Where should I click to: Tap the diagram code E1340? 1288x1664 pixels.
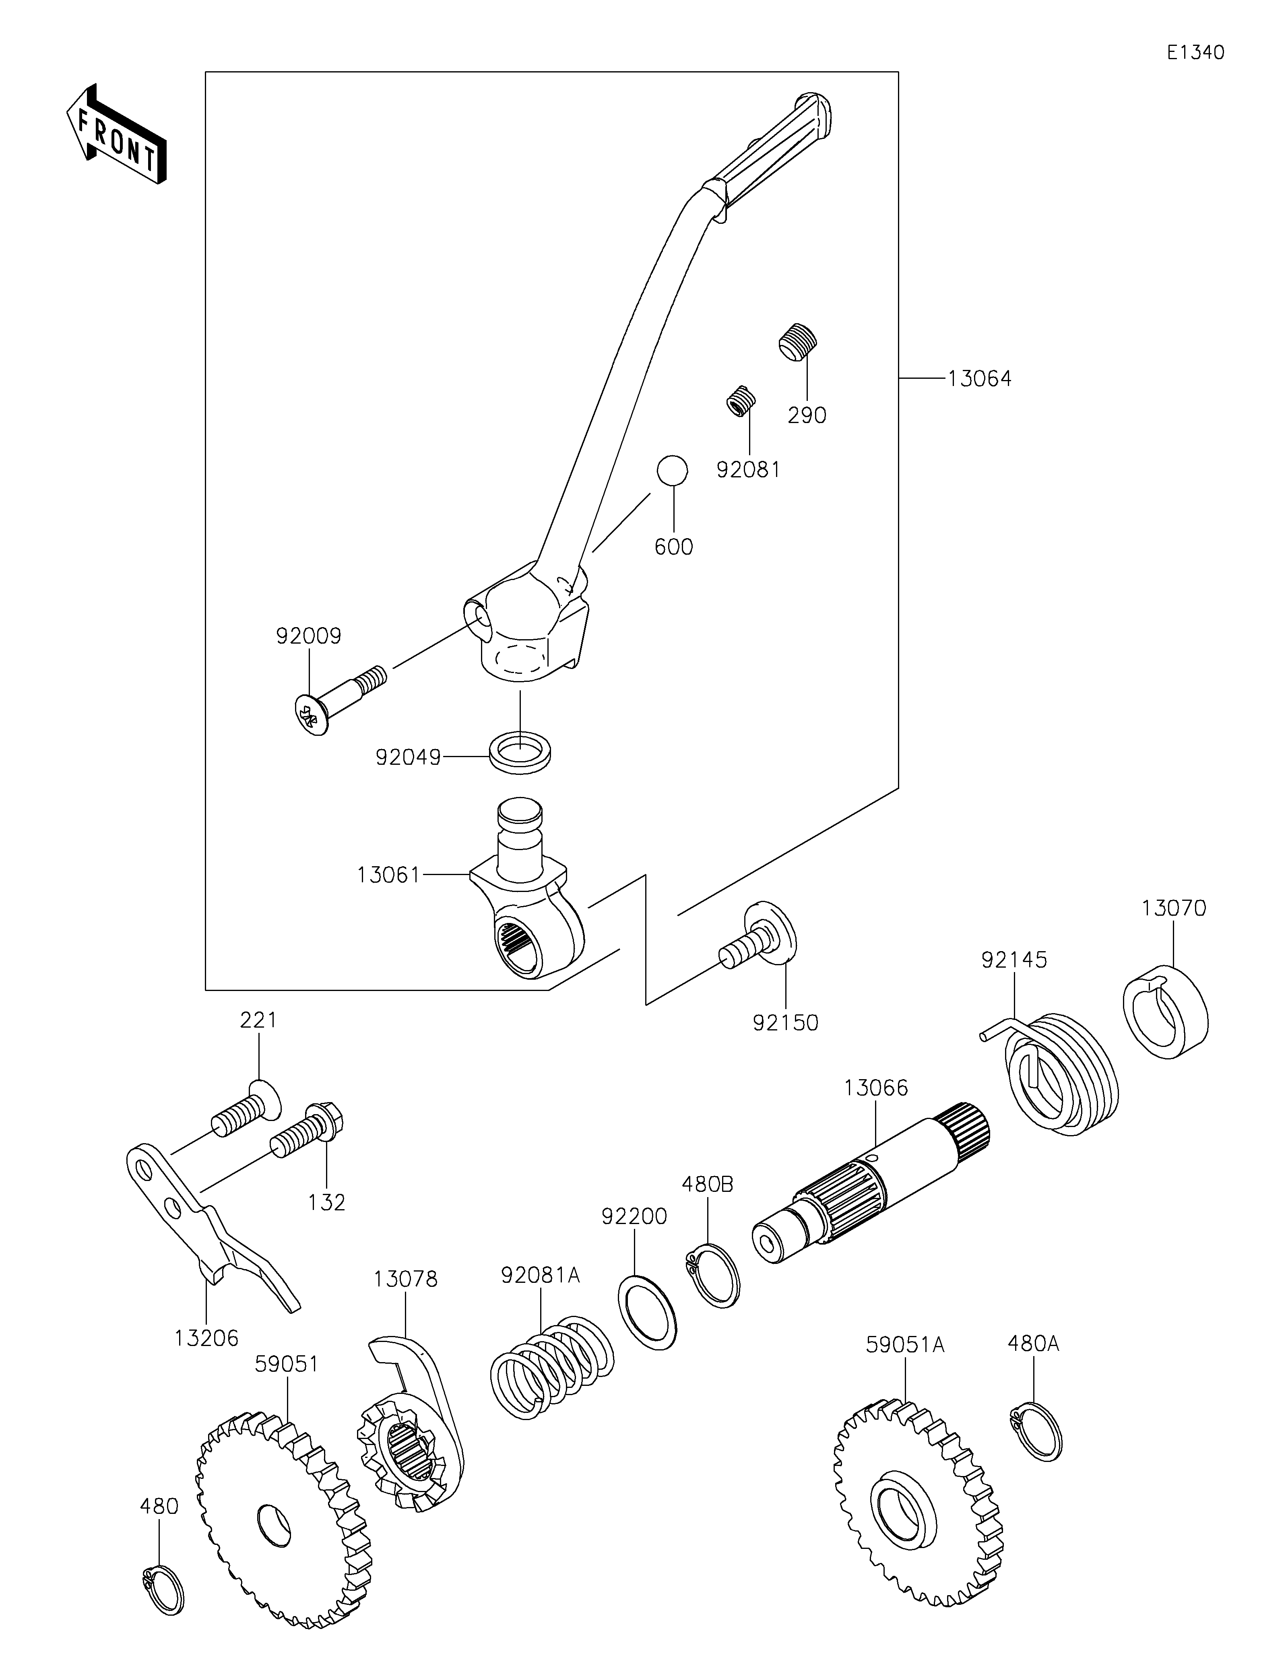pyautogui.click(x=1195, y=53)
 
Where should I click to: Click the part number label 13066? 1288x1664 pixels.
pyautogui.click(x=876, y=1088)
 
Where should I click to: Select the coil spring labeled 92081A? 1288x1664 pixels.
pyautogui.click(x=551, y=1366)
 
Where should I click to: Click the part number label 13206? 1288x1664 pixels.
pyautogui.click(x=206, y=1338)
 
